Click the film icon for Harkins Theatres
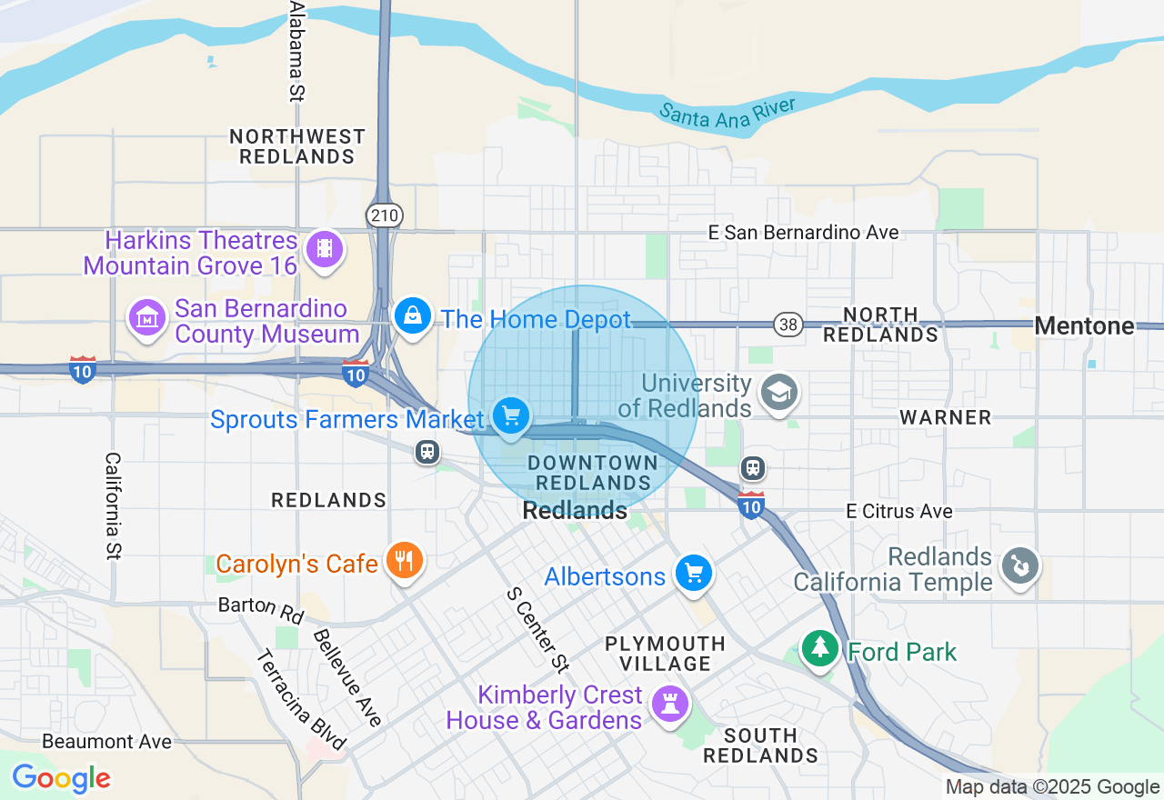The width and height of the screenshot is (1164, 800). tap(325, 248)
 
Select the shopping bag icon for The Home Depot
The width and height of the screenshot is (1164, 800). tap(413, 315)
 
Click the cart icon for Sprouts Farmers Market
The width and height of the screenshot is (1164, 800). tap(511, 416)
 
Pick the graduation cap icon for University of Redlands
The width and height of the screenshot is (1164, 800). tap(779, 393)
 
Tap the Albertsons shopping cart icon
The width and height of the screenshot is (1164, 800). tap(694, 574)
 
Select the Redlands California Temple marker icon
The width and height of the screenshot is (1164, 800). tap(1019, 567)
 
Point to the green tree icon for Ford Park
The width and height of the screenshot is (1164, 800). tap(819, 649)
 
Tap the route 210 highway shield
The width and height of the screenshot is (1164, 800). tap(385, 215)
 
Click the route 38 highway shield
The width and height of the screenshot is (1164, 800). tap(788, 324)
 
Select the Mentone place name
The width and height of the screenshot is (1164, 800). tap(1084, 325)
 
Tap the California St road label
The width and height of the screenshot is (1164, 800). tap(114, 505)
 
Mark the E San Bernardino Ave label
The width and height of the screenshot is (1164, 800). tap(803, 233)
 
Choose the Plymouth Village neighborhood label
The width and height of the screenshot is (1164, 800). tap(666, 654)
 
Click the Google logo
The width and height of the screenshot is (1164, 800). tap(61, 779)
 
